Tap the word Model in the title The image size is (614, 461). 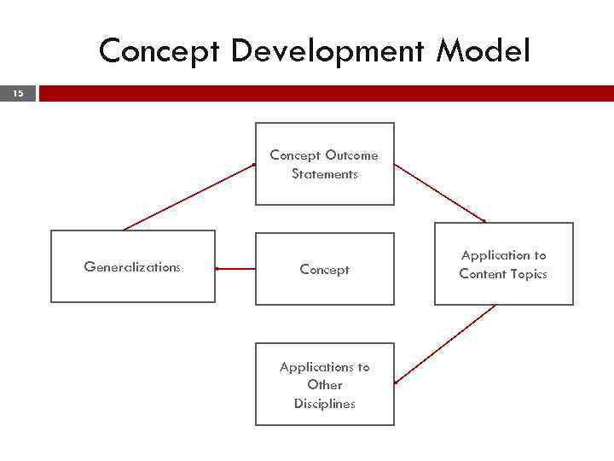pos(484,51)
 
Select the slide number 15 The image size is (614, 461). pos(18,94)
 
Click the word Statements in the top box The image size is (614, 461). pos(324,174)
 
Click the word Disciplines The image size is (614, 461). pos(324,404)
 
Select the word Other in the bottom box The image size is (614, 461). pos(324,385)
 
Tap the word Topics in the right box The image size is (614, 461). pos(528,274)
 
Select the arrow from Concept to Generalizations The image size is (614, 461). pos(235,269)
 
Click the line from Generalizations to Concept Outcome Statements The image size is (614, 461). pos(189,196)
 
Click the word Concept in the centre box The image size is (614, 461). pos(324,270)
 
